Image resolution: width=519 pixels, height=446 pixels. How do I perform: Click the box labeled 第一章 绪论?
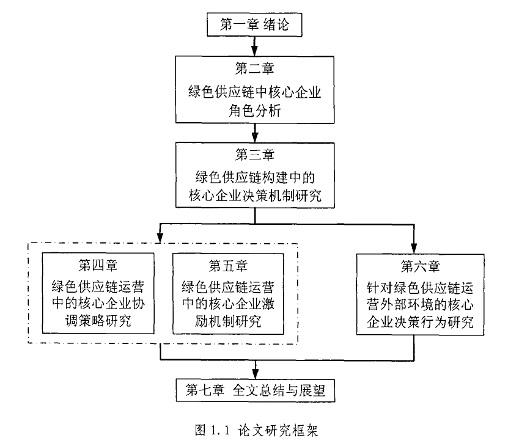253,24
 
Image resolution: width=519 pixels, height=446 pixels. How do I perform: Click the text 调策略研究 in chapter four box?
98,321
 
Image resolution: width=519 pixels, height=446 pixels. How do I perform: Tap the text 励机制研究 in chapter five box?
228,321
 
